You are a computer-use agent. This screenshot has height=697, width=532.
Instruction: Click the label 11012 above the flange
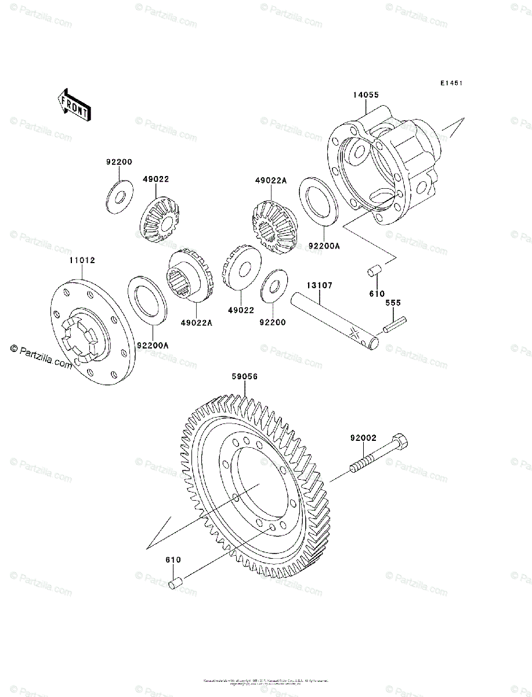[x=82, y=261]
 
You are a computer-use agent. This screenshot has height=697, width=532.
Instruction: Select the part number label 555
[x=394, y=303]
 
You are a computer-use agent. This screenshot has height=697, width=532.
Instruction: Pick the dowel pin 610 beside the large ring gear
[x=176, y=581]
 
